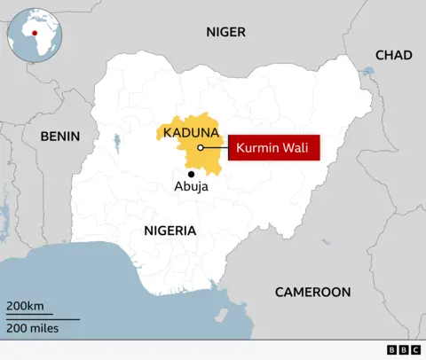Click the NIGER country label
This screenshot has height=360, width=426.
pos(225,32)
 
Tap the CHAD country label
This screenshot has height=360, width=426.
pos(393,55)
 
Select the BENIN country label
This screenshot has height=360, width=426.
pos(59,137)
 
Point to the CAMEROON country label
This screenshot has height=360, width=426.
pos(312,292)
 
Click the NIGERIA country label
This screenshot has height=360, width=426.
pos(169,231)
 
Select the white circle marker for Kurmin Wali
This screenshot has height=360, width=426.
pos(201,148)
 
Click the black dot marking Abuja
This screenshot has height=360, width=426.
pos(191,174)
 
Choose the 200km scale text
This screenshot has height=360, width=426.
pos(25,307)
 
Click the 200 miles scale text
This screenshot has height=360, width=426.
pos(33,329)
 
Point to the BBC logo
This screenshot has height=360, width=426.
pos(404,350)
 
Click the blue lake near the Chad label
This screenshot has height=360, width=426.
pos(368,71)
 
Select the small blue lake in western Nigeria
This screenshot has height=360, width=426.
pos(117,139)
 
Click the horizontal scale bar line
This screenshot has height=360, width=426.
pos(43,317)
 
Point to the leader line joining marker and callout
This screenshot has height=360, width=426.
pos(216,148)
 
